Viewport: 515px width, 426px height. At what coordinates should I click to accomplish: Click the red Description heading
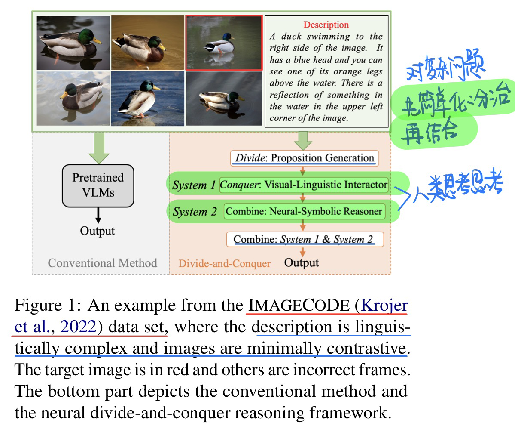click(x=326, y=25)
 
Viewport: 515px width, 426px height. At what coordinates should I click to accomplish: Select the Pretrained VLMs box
click(x=98, y=185)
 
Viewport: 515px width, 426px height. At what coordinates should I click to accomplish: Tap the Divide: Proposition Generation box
click(x=305, y=158)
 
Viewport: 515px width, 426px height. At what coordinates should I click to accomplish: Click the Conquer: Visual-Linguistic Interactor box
click(x=304, y=185)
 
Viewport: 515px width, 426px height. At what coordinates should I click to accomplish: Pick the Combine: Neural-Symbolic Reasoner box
click(x=304, y=211)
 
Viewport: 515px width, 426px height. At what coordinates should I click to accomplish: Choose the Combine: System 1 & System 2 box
click(x=305, y=239)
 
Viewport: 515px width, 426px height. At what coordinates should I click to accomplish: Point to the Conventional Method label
click(x=102, y=263)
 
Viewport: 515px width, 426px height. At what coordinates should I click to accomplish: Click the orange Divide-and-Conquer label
click(x=225, y=263)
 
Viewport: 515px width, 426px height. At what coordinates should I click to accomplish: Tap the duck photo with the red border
click(x=223, y=43)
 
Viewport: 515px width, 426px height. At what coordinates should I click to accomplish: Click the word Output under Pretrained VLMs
click(x=98, y=231)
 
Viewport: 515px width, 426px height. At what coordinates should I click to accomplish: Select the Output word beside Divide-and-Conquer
click(x=302, y=262)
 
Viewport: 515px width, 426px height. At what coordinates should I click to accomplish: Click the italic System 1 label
click(x=194, y=185)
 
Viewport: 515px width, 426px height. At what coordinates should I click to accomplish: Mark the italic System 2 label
click(x=195, y=212)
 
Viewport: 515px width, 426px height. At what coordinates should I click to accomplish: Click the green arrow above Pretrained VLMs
click(x=99, y=147)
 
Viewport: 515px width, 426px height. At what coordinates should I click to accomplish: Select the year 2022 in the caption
click(x=78, y=327)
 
